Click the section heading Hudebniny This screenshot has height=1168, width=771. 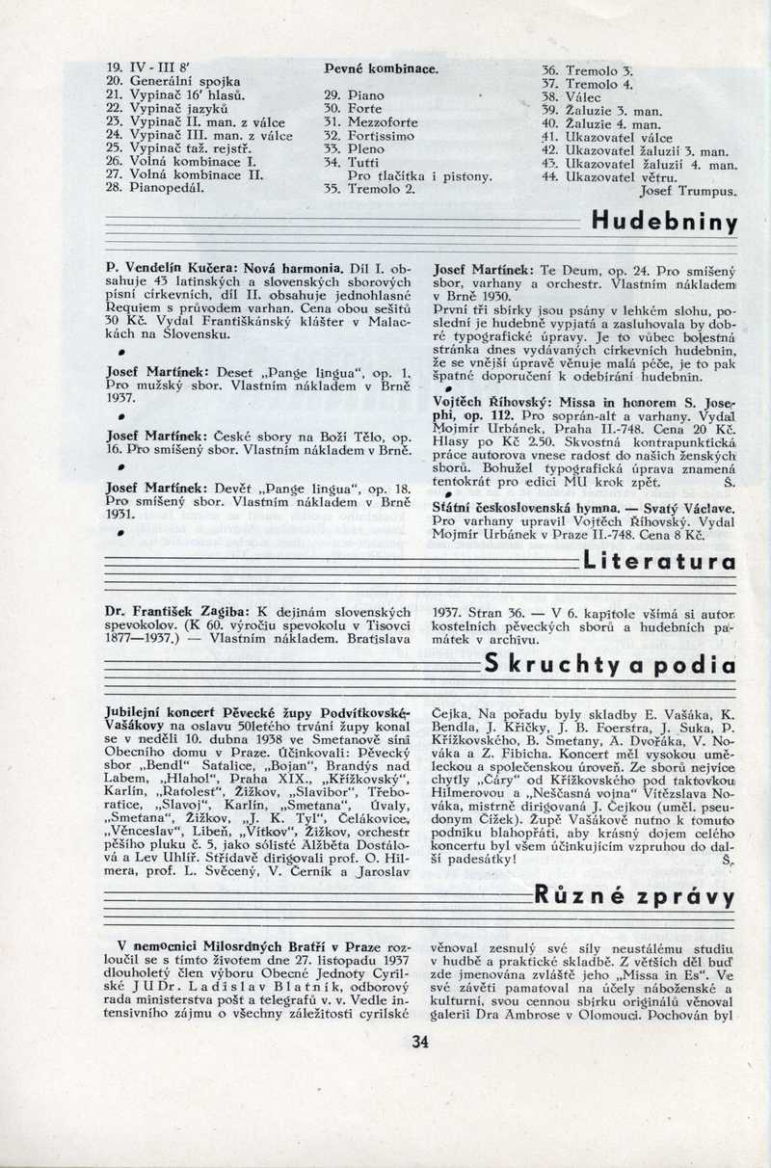664,224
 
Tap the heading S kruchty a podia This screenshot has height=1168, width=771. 610,665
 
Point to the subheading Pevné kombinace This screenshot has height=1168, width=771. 381,70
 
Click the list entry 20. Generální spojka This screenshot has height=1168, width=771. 173,83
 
